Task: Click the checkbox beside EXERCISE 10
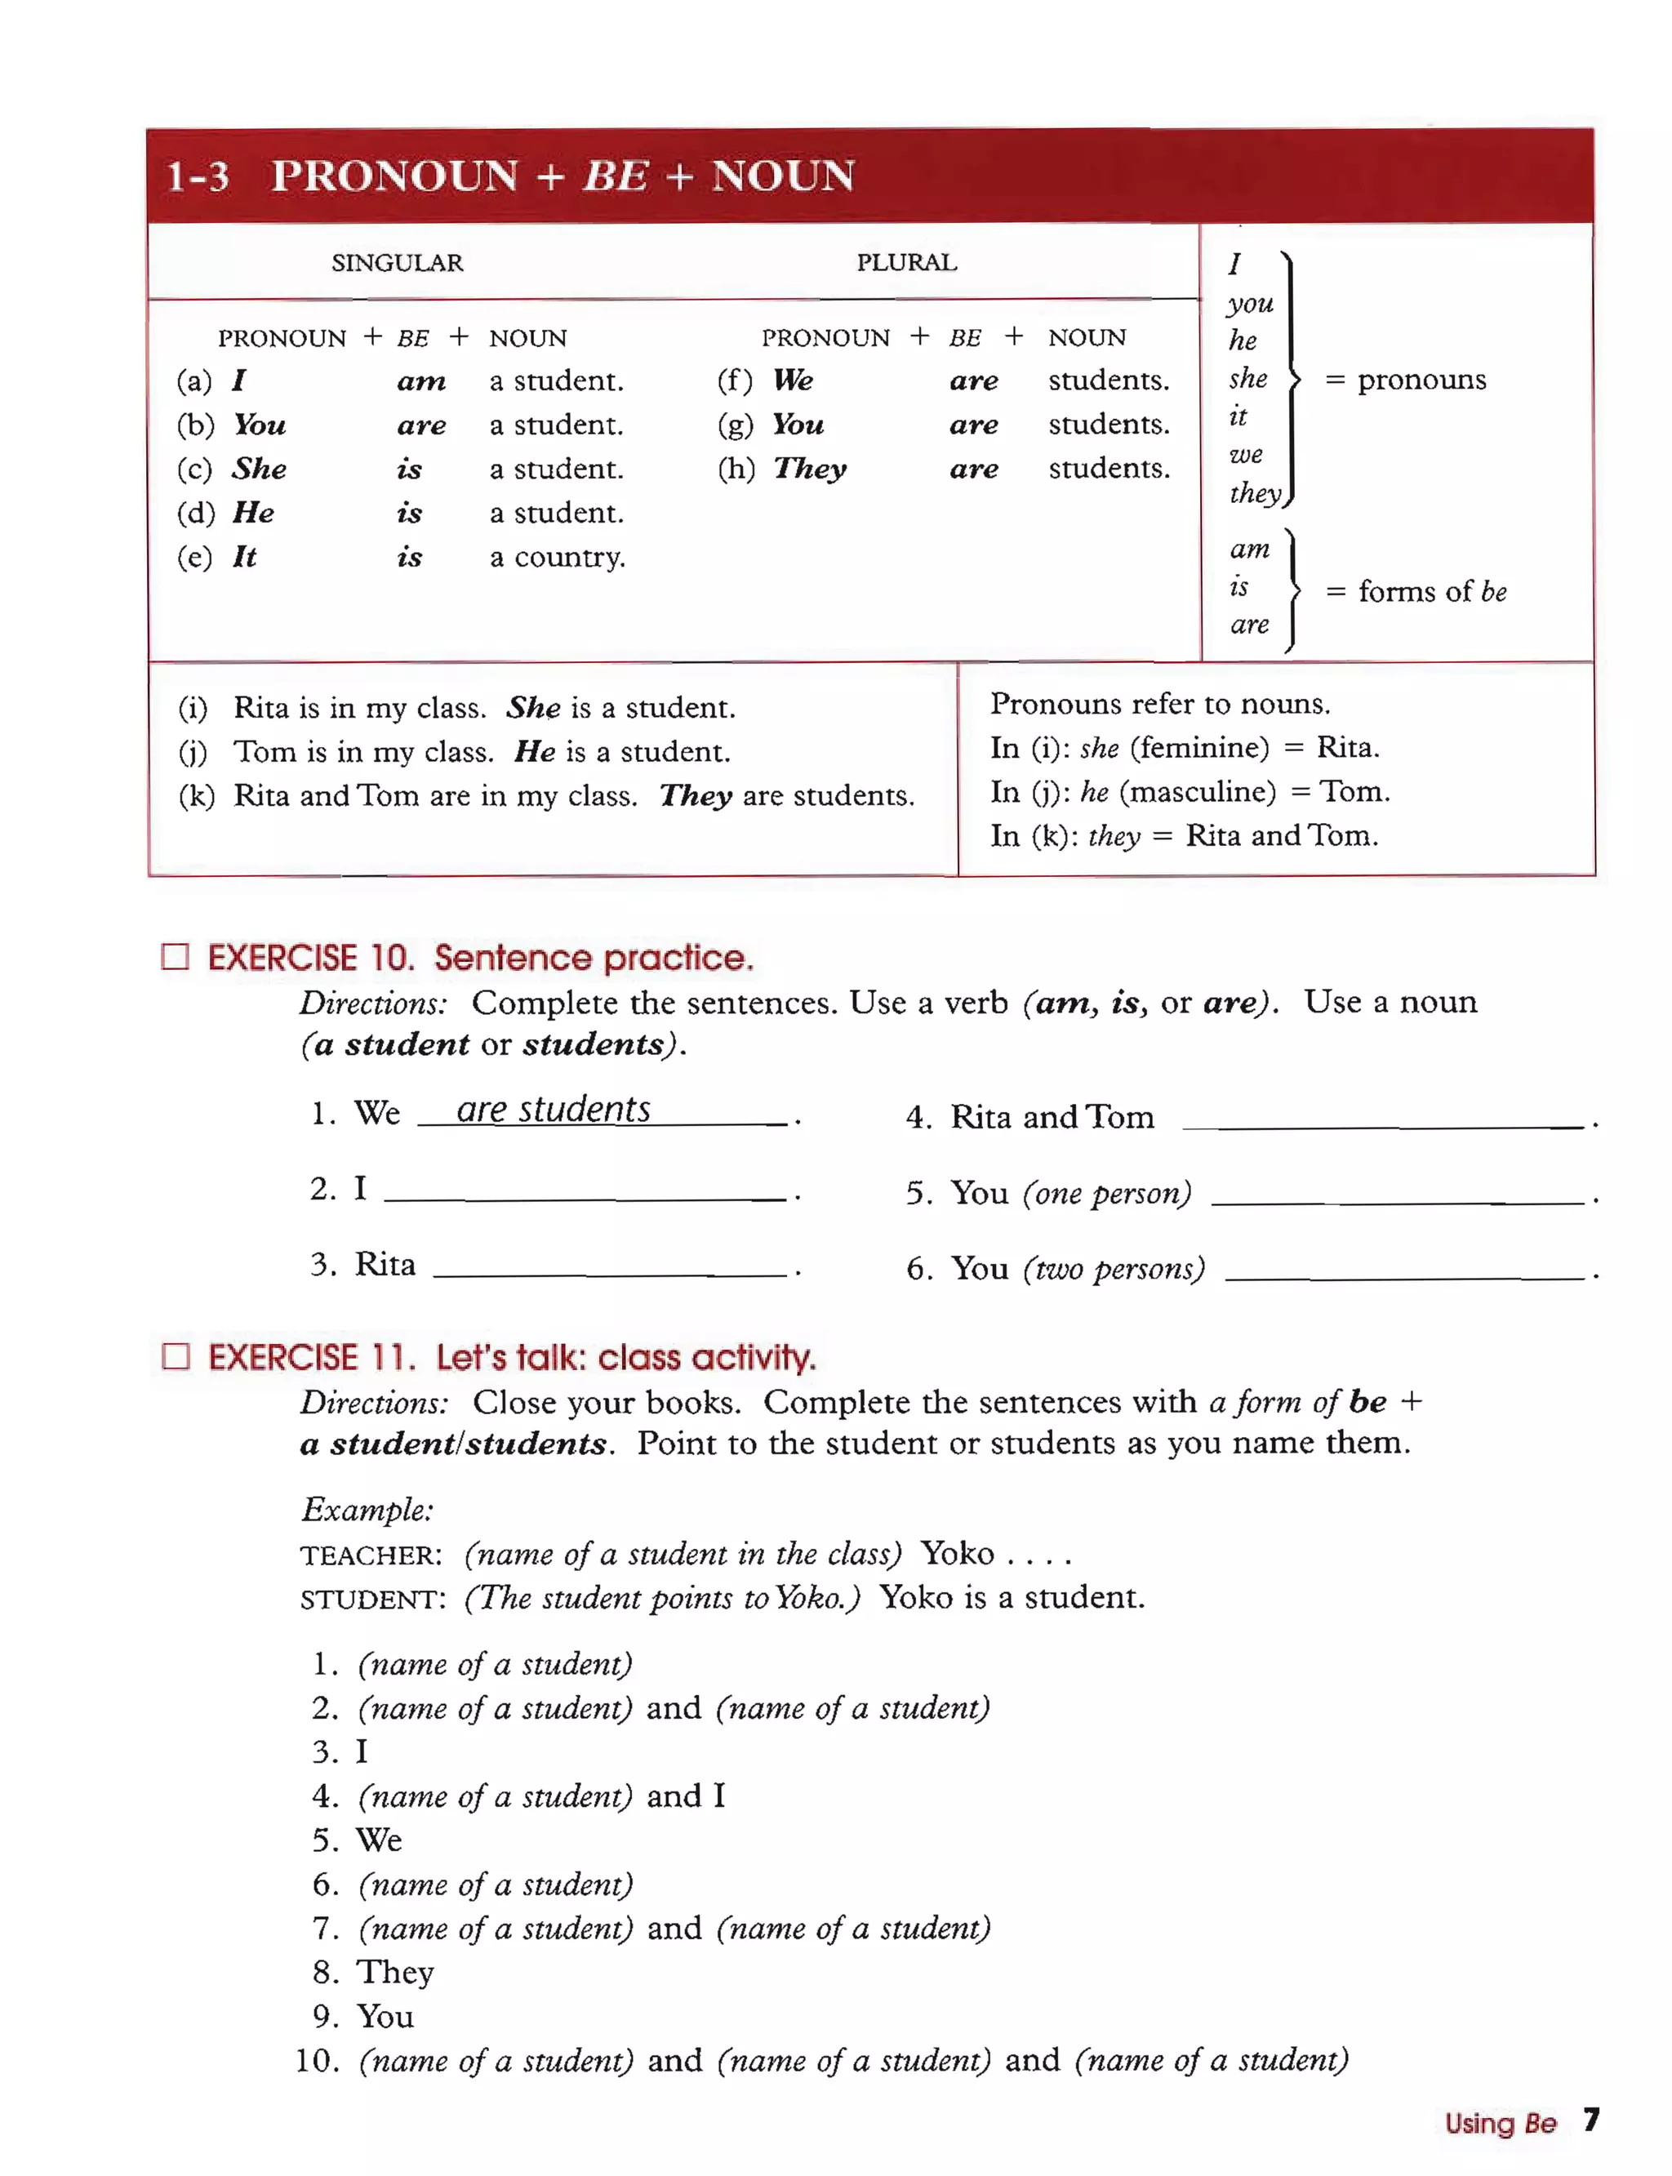point(176,957)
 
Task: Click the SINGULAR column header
point(397,263)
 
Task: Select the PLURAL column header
point(905,263)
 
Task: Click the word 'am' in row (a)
point(421,381)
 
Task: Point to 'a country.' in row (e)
point(558,558)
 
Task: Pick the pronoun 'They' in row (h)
point(810,469)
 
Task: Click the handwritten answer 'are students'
point(554,1109)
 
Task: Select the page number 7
point(1590,2120)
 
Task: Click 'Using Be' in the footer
point(1499,2123)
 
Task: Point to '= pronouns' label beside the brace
point(1405,380)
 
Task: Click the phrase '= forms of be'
point(1415,592)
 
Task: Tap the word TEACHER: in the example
point(370,1555)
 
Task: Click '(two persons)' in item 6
point(1114,1269)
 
